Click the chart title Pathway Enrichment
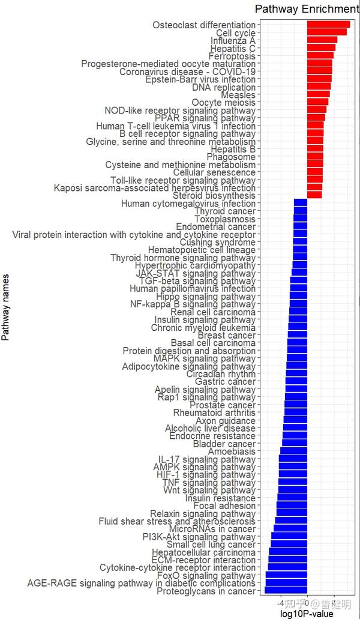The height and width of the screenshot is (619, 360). click(x=307, y=9)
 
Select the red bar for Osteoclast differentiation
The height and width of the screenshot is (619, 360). click(x=328, y=25)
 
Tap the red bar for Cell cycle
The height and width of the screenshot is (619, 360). click(x=326, y=32)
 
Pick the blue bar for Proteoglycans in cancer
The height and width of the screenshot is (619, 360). click(x=286, y=591)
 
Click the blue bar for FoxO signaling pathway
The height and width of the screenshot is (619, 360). click(x=286, y=575)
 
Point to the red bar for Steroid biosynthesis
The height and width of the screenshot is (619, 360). click(x=314, y=195)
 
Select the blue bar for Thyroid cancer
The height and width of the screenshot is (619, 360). click(x=301, y=211)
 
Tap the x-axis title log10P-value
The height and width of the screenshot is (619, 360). click(x=307, y=613)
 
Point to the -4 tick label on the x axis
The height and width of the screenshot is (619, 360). click(x=283, y=603)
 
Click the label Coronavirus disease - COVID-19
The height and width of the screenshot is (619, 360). click(x=187, y=71)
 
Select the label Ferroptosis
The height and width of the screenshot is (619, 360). click(x=232, y=56)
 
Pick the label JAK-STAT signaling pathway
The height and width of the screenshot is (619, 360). click(x=196, y=273)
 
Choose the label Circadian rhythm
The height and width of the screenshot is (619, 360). click(x=221, y=374)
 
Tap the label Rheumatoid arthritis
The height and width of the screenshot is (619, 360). click(x=214, y=412)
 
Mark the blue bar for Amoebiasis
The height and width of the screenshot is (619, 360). click(x=293, y=451)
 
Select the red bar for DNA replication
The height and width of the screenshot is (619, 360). click(x=319, y=87)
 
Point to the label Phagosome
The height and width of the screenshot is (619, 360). click(x=231, y=157)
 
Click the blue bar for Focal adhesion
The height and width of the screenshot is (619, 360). click(x=292, y=506)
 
